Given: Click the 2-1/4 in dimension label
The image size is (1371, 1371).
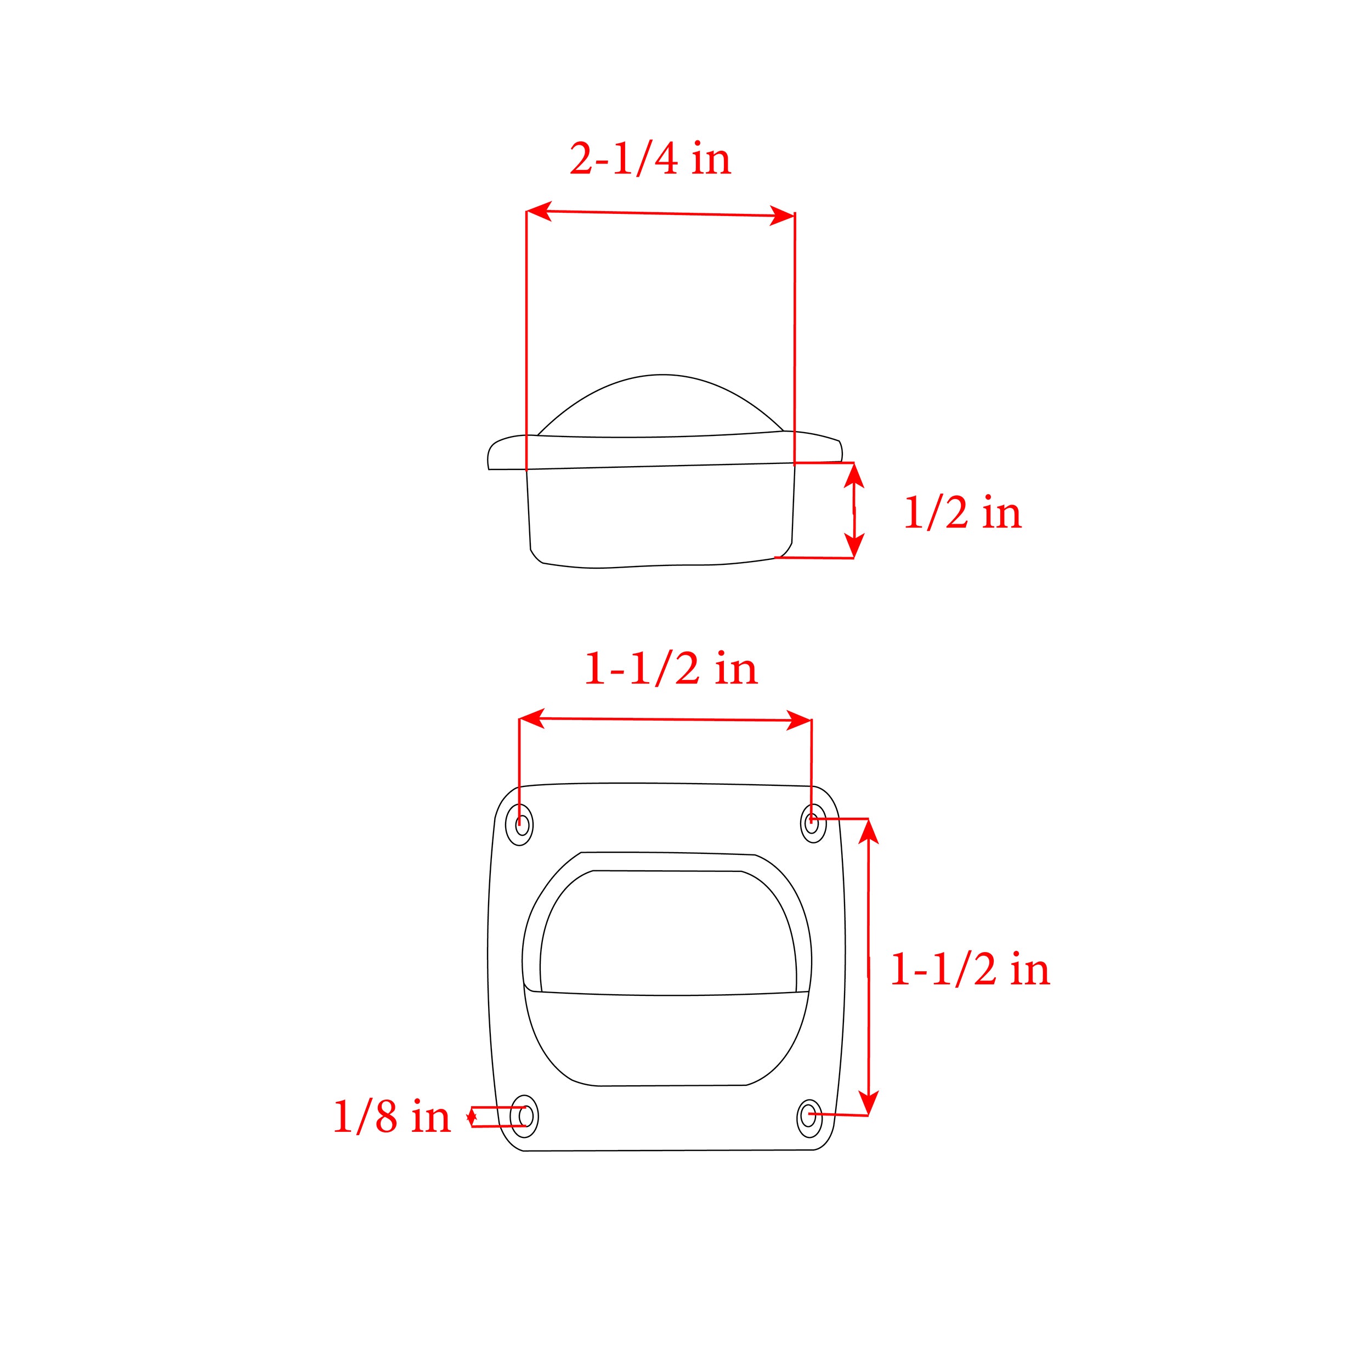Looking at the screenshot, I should click(x=650, y=159).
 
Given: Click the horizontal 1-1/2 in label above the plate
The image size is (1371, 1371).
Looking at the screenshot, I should click(x=671, y=669).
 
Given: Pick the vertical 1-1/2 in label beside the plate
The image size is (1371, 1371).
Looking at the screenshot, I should click(x=970, y=970).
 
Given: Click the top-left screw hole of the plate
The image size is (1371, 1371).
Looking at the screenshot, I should click(x=521, y=825).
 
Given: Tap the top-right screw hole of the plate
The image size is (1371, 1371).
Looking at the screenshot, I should click(x=813, y=823).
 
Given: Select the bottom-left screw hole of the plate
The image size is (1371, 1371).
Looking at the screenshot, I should click(x=525, y=1115).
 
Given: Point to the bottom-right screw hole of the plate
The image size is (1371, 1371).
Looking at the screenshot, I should click(x=809, y=1115).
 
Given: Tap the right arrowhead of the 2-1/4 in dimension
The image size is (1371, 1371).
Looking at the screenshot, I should click(x=781, y=216).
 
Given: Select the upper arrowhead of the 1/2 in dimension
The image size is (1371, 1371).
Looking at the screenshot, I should click(x=854, y=474).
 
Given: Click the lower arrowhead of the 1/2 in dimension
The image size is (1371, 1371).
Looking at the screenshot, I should click(x=854, y=546).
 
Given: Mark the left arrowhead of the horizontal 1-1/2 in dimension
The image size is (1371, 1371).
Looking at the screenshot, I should click(x=531, y=719).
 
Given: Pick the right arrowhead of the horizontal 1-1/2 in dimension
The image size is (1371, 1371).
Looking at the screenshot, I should click(x=799, y=721).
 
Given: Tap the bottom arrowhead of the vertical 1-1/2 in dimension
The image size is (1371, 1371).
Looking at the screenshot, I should click(x=869, y=1102).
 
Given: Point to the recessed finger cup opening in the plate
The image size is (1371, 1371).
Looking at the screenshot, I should click(x=667, y=930).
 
